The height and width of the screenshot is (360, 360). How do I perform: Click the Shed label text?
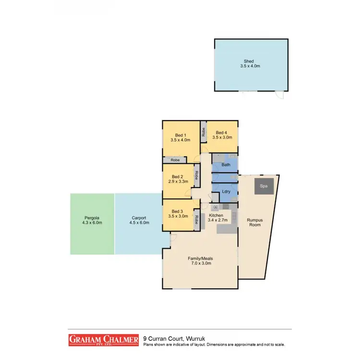pyautogui.click(x=249, y=60)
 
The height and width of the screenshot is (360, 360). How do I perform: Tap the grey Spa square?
pyautogui.click(x=264, y=185)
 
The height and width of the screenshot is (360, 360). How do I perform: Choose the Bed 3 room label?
pyautogui.click(x=178, y=212)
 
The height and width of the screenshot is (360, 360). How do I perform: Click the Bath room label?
pyautogui.click(x=226, y=165)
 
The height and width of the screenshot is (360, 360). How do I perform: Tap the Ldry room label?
pyautogui.click(x=226, y=192)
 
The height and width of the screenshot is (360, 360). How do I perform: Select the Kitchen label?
pyautogui.click(x=216, y=216)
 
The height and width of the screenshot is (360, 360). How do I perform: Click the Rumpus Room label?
pyautogui.click(x=255, y=222)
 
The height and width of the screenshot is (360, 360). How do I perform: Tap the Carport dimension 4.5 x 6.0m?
pyautogui.click(x=138, y=223)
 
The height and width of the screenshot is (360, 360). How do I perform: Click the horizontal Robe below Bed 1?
pyautogui.click(x=172, y=160)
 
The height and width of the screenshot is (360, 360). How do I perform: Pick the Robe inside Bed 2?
pyautogui.click(x=197, y=176)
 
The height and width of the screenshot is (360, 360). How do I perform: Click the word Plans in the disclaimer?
pyautogui.click(x=148, y=344)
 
